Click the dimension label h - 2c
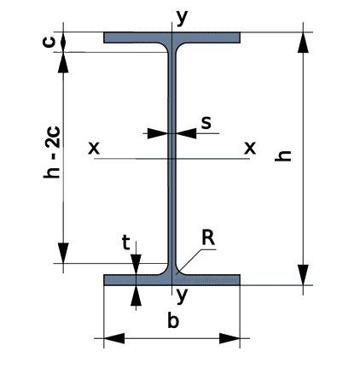coord(52,153)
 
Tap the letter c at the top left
coord(49,41)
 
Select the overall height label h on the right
coord(283,155)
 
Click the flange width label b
coord(173,320)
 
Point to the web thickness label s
coord(206,123)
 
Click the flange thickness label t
coord(125,243)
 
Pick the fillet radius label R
coord(208,237)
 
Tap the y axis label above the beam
coord(182,18)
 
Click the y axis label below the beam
coord(182,295)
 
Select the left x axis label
coord(94,148)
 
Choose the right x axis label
coord(250,148)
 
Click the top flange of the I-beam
coord(171,38)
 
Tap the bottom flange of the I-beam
coord(171,280)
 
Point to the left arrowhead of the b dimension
coord(114,338)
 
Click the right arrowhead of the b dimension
coord(229,338)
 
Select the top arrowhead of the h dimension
coord(303,43)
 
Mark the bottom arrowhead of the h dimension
coord(303,275)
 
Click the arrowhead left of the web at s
coord(158,133)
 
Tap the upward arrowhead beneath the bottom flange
coord(136,295)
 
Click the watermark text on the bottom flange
coord(206,280)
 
